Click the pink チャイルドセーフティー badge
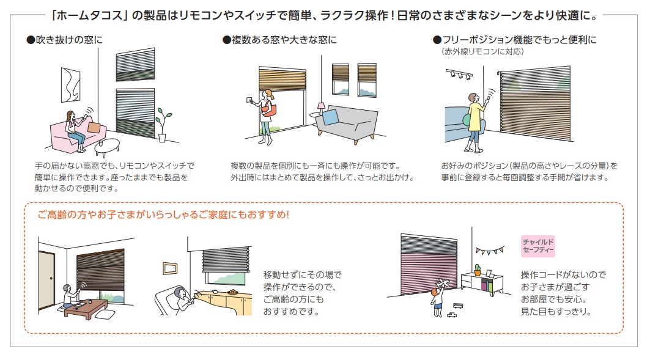(x=537, y=246)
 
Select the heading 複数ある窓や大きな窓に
(x=279, y=40)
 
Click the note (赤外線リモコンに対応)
(x=482, y=52)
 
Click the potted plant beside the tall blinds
(x=161, y=125)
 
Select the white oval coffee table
(x=106, y=147)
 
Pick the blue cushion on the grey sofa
(x=330, y=117)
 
